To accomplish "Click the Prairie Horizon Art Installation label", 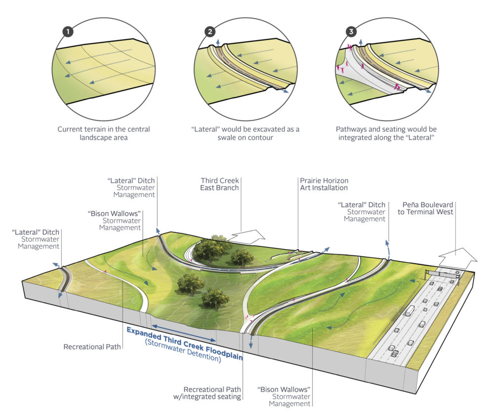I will pyautogui.click(x=323, y=185).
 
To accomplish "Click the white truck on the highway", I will pyautogui.click(x=410, y=310).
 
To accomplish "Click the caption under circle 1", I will pyautogui.click(x=104, y=134).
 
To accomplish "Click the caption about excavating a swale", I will pyautogui.click(x=246, y=134).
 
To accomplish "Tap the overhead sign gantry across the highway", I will pyautogui.click(x=444, y=273).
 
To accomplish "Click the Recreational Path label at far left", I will pyautogui.click(x=92, y=347).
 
